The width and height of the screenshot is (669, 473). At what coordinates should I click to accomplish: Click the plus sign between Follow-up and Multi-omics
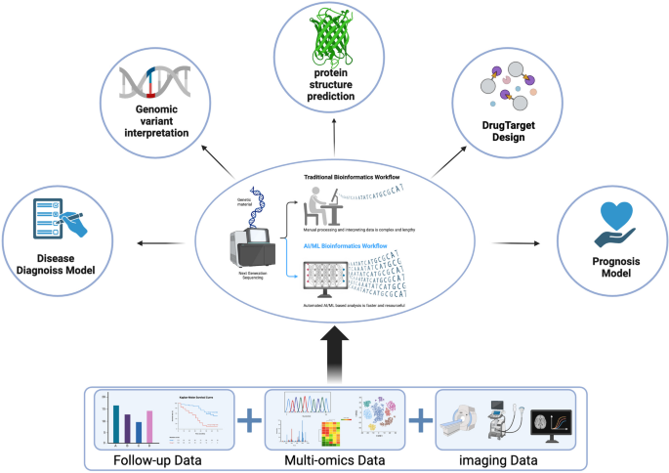coord(250,420)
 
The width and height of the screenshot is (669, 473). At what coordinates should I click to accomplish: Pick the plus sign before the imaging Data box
coord(422,420)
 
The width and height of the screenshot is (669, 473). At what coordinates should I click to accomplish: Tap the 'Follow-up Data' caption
coord(164,458)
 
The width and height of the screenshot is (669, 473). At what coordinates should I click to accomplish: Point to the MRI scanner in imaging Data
coord(467,426)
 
